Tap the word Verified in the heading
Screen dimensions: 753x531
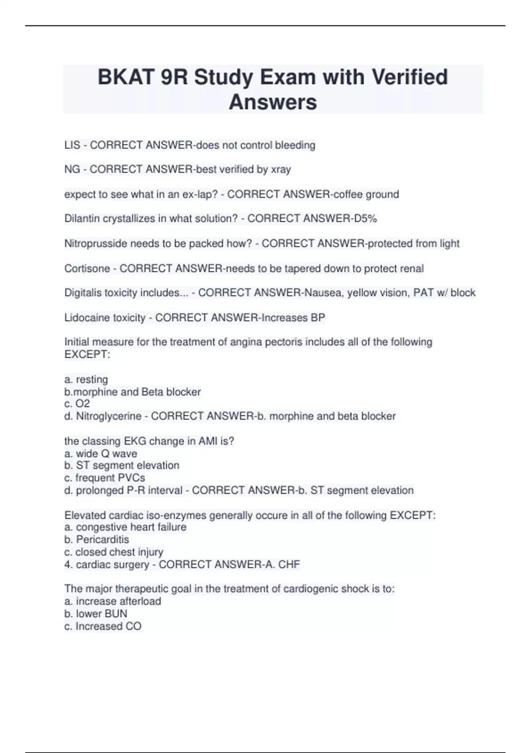(x=410, y=77)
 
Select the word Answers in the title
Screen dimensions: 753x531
(x=273, y=102)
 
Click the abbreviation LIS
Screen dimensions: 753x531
(x=72, y=145)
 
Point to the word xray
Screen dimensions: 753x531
(x=281, y=169)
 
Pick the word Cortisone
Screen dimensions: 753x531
(x=87, y=268)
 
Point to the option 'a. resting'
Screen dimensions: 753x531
(x=86, y=380)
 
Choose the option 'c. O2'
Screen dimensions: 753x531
(x=77, y=404)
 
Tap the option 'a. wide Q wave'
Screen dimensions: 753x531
(x=101, y=454)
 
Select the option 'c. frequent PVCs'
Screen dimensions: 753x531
(x=105, y=478)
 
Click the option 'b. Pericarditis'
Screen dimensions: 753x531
(x=97, y=540)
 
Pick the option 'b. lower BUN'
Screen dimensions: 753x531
(x=96, y=614)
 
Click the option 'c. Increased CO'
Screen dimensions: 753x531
(x=103, y=626)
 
